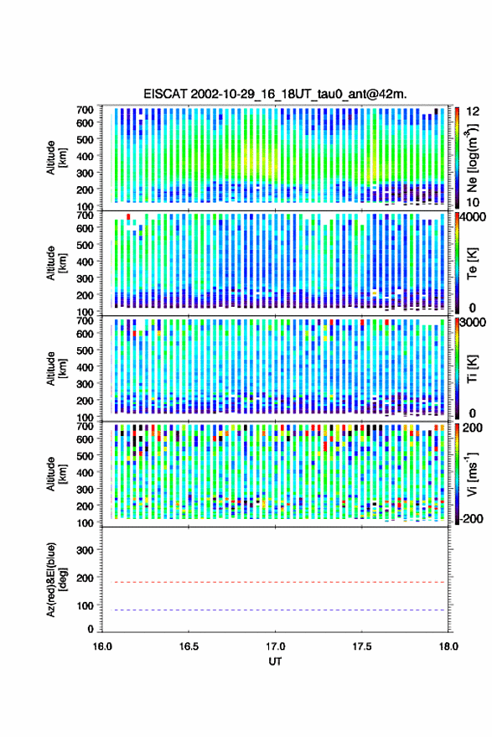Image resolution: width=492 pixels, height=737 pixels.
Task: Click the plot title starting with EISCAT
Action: pos(275,94)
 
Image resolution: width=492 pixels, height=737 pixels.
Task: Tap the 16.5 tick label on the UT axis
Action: pos(189,646)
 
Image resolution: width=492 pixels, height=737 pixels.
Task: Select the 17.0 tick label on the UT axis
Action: pos(275,646)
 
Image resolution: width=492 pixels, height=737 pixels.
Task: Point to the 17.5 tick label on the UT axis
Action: pos(362,646)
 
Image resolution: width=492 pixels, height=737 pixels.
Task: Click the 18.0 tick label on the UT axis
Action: pos(448,646)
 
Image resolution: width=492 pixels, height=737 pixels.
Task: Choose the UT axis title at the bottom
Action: pos(275,662)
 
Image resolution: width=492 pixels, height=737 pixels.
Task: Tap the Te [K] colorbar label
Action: pos(472,263)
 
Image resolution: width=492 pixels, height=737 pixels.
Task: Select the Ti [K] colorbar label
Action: pos(472,369)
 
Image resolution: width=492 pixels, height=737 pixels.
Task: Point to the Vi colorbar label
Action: pos(472,474)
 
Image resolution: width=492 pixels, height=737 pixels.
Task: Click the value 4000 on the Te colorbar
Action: pos(474,218)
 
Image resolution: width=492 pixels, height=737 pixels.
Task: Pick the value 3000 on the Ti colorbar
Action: pos(474,323)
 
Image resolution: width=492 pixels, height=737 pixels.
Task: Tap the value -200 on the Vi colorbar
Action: pos(471,519)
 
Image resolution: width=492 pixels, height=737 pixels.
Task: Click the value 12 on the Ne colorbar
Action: pos(473,112)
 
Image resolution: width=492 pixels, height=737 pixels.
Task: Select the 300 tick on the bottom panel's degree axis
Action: pos(85,550)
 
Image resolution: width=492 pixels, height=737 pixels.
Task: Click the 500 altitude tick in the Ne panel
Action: pos(85,139)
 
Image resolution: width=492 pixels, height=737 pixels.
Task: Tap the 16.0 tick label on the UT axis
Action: pos(102,646)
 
